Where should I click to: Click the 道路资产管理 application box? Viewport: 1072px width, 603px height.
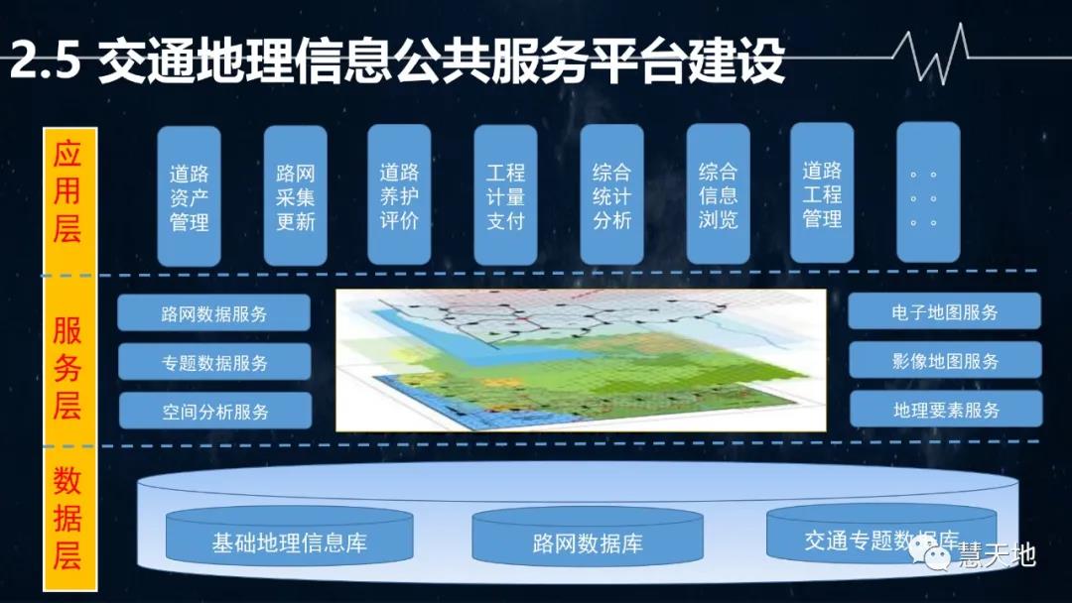[189, 196]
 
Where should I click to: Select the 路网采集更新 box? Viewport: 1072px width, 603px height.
[295, 196]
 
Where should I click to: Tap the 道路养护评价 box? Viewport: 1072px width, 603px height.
[399, 195]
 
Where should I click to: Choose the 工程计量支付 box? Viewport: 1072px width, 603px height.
[505, 195]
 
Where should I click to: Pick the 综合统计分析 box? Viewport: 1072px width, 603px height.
[611, 195]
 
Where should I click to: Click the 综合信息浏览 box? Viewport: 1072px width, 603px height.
[718, 194]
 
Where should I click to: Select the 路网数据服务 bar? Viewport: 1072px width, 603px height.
[214, 314]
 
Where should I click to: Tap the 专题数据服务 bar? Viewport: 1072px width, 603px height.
[214, 362]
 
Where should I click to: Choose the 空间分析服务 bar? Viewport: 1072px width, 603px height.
[215, 411]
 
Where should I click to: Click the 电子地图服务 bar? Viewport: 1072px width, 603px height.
[944, 311]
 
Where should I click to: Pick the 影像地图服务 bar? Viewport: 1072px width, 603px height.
[945, 360]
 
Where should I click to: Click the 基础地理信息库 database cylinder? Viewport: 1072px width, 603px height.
[289, 543]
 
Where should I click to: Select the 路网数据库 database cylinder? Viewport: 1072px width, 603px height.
[588, 543]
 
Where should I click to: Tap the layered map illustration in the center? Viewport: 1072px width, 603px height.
[581, 360]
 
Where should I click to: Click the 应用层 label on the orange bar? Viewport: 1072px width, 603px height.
[68, 192]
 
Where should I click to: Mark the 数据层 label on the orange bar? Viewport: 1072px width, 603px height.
[67, 520]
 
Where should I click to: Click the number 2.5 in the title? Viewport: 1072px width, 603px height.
[44, 61]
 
